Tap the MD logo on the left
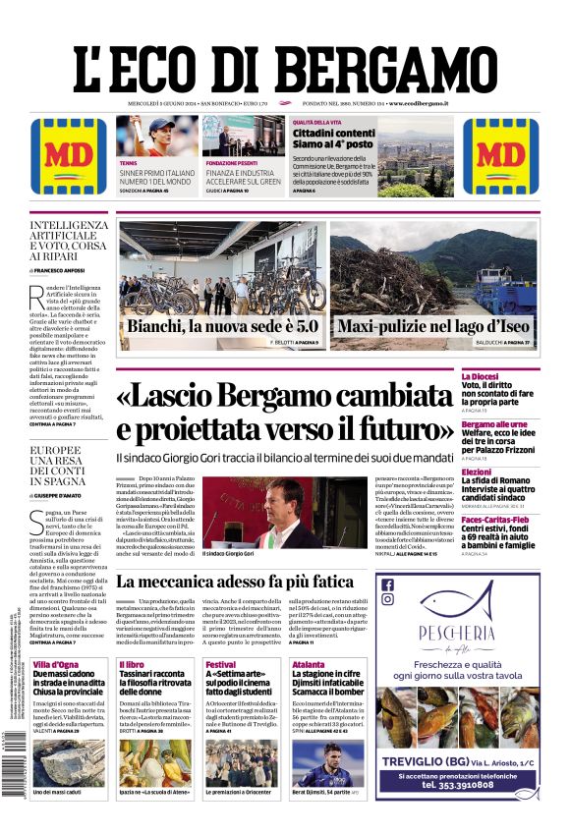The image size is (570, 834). click(x=70, y=156)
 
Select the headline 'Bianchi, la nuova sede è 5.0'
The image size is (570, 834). click(x=223, y=326)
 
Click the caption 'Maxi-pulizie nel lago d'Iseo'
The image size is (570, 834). click(x=433, y=326)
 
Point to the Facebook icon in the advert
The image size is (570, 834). click(x=387, y=585)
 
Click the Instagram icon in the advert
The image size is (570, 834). click(x=387, y=603)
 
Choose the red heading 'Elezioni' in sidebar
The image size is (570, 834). click(x=505, y=472)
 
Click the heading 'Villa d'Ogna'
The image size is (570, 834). click(x=55, y=665)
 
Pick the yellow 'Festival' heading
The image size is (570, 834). click(x=221, y=665)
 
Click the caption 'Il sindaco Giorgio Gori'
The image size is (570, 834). click(x=228, y=554)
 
